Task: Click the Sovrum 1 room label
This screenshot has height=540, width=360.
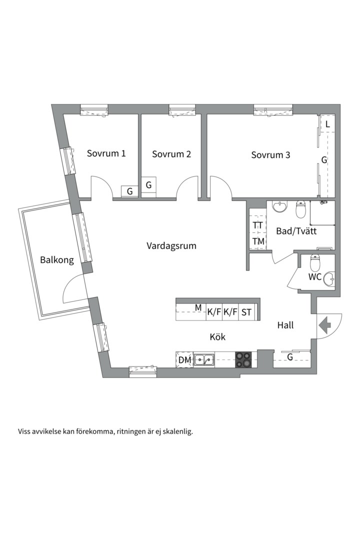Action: (x=106, y=153)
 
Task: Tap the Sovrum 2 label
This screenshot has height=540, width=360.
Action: (x=171, y=154)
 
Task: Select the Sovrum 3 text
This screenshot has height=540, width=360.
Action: (x=271, y=155)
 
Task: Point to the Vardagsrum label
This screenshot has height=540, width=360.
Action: (x=171, y=246)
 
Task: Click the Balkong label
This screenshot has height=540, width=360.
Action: (x=57, y=259)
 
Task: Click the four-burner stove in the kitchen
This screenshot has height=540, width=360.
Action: (x=243, y=359)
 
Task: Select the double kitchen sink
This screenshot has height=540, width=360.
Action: (x=204, y=360)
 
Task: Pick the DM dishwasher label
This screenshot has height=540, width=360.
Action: (x=185, y=360)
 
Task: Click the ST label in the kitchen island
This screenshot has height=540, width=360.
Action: (x=246, y=312)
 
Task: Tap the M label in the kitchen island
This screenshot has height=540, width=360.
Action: (x=198, y=307)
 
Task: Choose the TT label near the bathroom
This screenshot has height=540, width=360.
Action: (x=257, y=225)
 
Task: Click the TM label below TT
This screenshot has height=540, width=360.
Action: (x=258, y=241)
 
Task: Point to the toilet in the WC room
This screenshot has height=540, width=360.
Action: (x=315, y=263)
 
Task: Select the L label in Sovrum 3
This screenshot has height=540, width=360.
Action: (x=327, y=124)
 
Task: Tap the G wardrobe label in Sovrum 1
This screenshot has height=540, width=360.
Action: (x=130, y=191)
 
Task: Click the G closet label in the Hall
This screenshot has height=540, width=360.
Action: (x=290, y=357)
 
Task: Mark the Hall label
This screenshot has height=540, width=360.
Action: (x=285, y=325)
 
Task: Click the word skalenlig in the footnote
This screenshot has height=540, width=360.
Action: (x=177, y=431)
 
